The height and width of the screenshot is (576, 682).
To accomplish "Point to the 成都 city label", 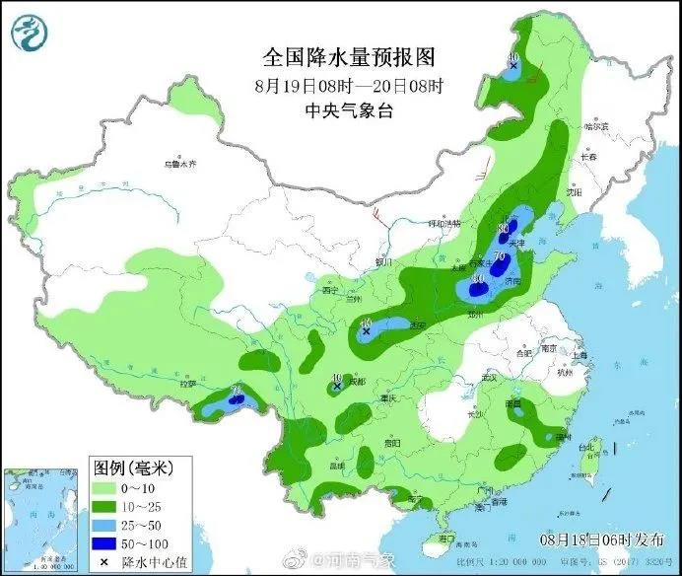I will click(355, 381).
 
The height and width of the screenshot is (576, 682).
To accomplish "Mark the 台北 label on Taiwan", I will click(587, 446).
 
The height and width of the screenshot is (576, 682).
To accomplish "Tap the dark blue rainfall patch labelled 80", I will click(505, 234).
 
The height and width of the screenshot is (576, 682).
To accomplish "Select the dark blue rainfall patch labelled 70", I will click(500, 262).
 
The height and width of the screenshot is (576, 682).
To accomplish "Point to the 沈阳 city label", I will click(562, 193).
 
